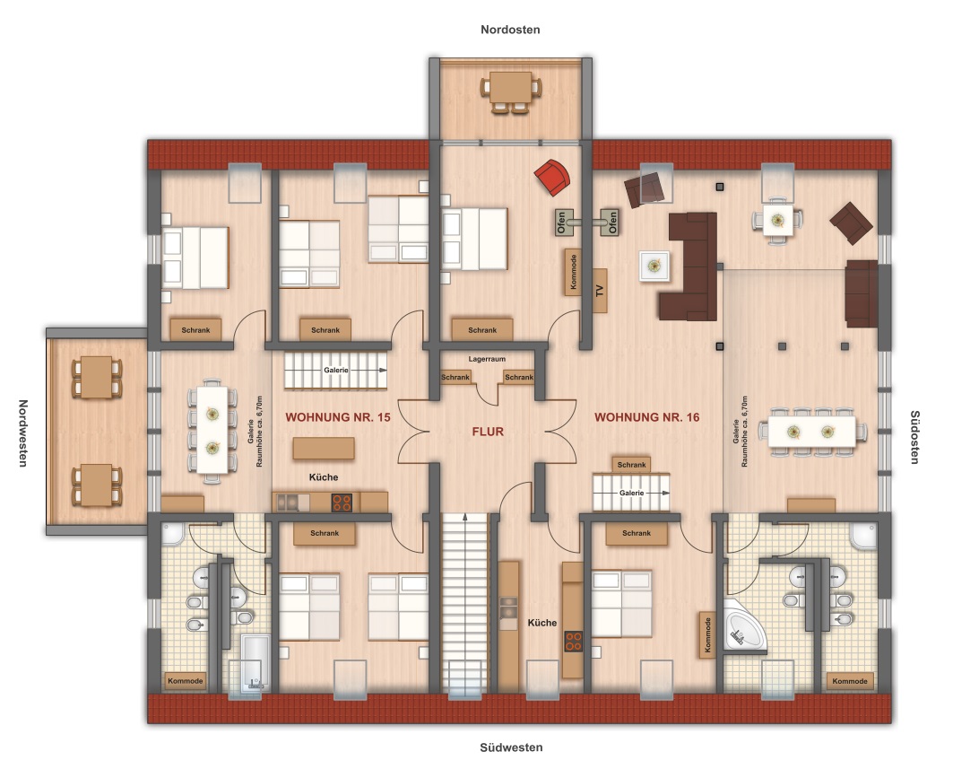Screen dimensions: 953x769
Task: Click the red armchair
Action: (x=552, y=177)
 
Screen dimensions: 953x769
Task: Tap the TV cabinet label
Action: (x=601, y=291)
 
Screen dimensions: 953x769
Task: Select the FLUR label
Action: (x=488, y=432)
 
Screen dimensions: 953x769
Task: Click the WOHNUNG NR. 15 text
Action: (x=338, y=417)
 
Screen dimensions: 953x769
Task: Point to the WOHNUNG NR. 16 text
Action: (x=646, y=417)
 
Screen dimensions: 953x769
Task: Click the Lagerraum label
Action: (x=487, y=359)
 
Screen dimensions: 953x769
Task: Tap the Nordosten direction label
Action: (x=510, y=30)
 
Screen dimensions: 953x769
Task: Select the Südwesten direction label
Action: (x=511, y=747)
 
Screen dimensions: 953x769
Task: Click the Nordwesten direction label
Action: (x=23, y=433)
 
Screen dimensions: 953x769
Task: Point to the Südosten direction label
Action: (x=914, y=437)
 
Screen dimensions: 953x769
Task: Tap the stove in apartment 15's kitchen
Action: (x=342, y=502)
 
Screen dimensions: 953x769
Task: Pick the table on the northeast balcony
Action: (x=511, y=88)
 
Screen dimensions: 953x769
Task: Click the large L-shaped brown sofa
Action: (x=689, y=266)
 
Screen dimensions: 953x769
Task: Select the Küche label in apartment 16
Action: (x=542, y=623)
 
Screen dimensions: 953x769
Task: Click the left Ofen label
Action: (x=561, y=222)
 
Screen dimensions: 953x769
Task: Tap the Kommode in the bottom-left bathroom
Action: (x=186, y=681)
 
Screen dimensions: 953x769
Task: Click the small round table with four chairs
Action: (x=777, y=220)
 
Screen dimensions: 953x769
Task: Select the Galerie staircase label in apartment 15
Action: (x=336, y=370)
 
